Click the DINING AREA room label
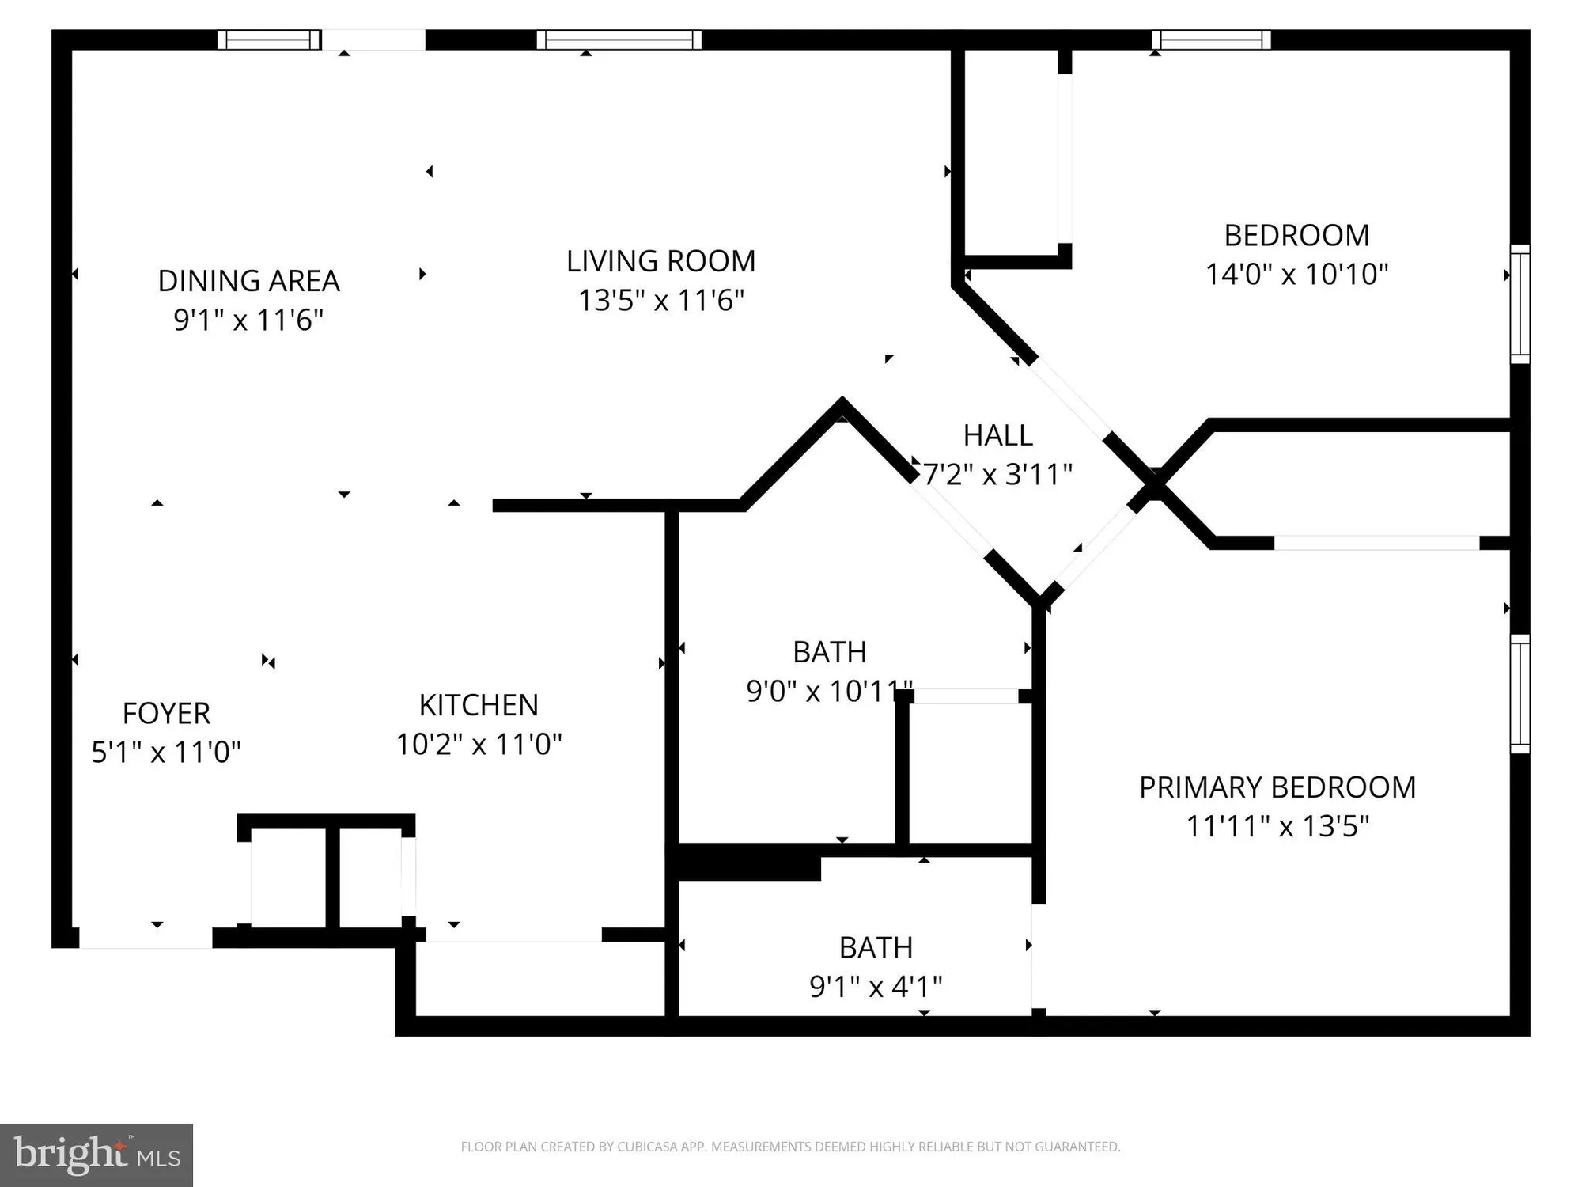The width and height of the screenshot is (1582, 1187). click(248, 281)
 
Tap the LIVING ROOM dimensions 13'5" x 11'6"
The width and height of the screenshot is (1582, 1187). click(660, 301)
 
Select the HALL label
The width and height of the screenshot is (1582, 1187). click(997, 435)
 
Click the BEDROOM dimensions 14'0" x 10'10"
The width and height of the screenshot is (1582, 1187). click(1296, 275)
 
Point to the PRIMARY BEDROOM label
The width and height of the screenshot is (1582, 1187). click(1277, 787)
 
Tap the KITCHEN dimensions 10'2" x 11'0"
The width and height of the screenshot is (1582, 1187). click(479, 745)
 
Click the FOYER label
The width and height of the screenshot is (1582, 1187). click(166, 714)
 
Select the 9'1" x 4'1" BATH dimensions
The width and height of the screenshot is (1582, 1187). click(876, 987)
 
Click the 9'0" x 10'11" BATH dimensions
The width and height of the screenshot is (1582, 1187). click(829, 692)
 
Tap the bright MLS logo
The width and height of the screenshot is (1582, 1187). click(97, 1155)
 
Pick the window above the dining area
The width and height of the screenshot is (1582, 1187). click(269, 40)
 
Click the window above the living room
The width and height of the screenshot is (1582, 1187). click(619, 40)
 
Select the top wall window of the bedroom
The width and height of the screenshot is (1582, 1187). click(1211, 40)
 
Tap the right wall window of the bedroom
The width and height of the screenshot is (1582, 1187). click(1520, 304)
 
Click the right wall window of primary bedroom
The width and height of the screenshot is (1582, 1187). click(1520, 693)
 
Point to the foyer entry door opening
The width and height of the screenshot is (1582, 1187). click(146, 938)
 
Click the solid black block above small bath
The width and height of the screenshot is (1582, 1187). click(747, 863)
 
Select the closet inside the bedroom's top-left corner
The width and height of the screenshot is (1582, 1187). click(1011, 154)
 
